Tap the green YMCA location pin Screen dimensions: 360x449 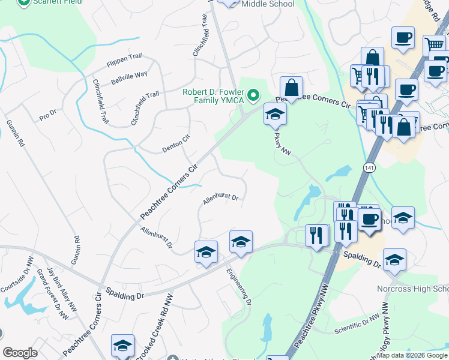coord(254,94)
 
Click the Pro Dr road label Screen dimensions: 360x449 coord(47,115)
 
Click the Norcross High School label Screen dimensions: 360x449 coord(412,289)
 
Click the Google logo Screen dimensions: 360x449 coord(20,353)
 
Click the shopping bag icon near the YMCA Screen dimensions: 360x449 coord(291,88)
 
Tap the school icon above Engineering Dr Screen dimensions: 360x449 coord(241,242)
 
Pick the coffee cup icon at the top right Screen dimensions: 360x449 coord(403,37)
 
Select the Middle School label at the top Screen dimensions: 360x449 coord(268,4)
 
